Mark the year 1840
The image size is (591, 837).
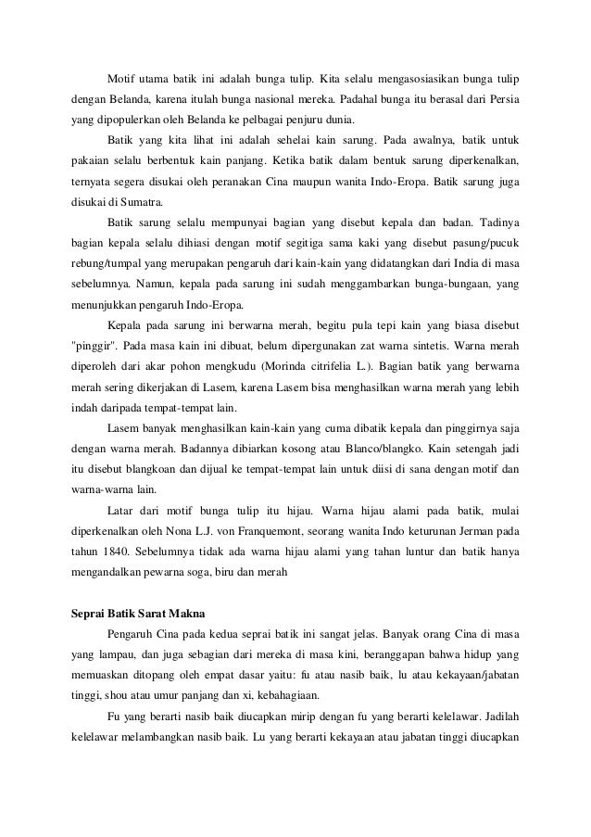point(119,554)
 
